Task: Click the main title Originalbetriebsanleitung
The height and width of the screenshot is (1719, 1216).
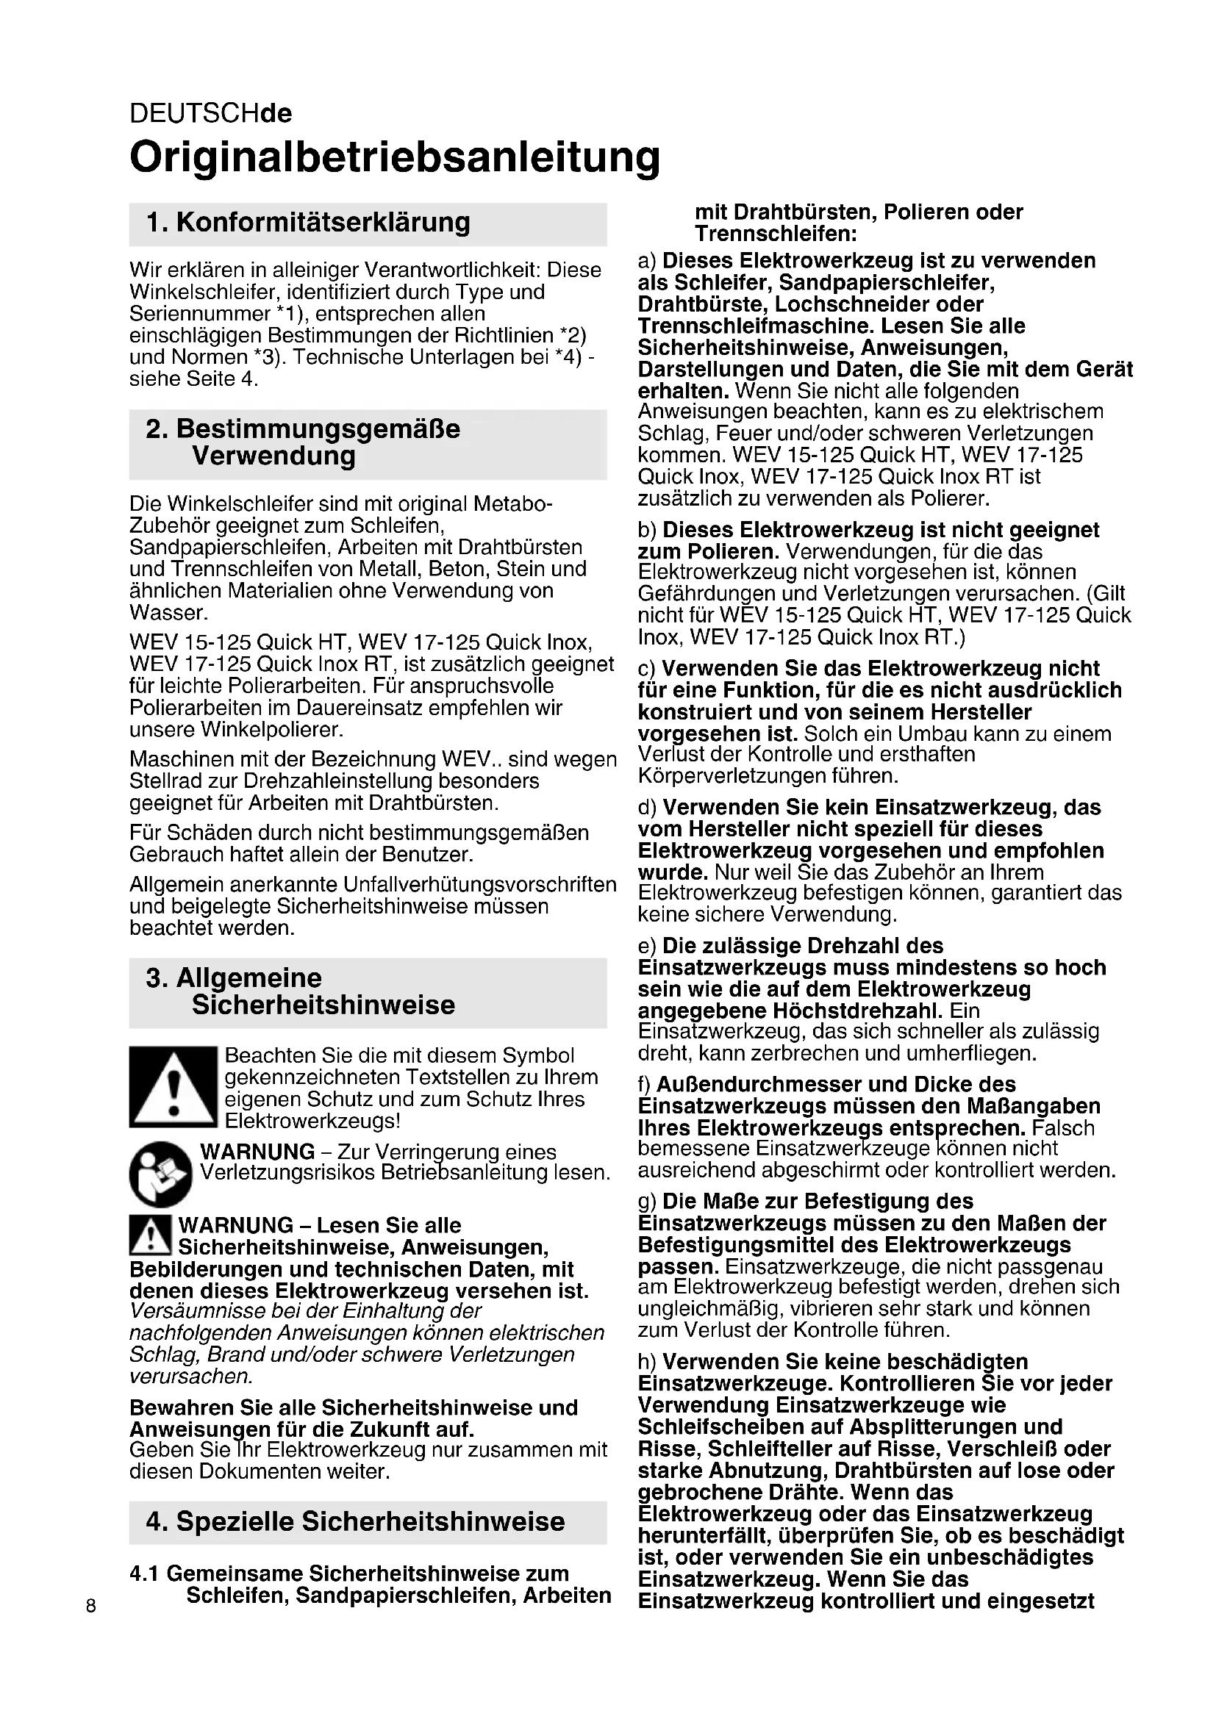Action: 395,157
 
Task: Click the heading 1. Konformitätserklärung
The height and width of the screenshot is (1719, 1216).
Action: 308,223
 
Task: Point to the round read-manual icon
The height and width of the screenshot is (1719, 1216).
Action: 160,1174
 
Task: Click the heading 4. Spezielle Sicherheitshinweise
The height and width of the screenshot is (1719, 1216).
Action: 355,1521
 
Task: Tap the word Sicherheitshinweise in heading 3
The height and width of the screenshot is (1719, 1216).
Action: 323,1005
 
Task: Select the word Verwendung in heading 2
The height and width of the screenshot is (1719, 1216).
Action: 273,456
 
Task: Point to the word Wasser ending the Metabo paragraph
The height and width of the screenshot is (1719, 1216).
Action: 167,612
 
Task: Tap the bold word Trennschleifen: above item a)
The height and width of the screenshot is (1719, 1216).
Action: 776,234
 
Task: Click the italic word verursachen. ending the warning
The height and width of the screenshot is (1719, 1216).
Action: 191,1376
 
